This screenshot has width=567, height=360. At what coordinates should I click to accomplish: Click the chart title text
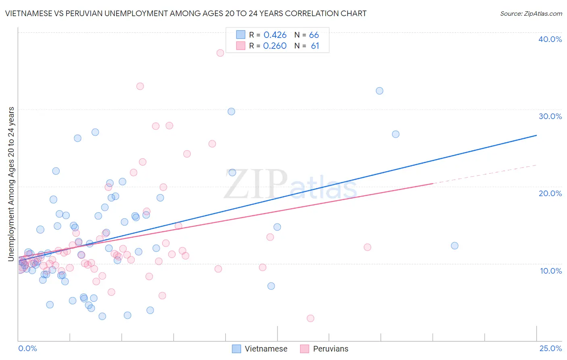pos(186,13)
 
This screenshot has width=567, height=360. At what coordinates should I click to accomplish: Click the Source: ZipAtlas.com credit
pos(531,13)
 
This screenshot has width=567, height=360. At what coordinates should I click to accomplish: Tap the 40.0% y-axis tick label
pos(550,39)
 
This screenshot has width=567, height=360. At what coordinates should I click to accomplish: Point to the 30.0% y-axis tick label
pos(550,116)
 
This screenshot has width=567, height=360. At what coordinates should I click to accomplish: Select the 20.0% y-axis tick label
pos(550,193)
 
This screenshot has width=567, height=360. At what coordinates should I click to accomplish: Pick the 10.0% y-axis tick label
pos(550,271)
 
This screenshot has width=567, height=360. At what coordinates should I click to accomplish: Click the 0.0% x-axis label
pos(27,348)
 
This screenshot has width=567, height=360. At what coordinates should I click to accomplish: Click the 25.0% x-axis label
pos(550,348)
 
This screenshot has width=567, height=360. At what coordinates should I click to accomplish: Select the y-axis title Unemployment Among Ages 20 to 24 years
pos(11,184)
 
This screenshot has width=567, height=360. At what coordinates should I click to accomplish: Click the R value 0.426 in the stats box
pos(275,35)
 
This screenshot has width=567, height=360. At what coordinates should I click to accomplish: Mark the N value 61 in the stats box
pos(315,46)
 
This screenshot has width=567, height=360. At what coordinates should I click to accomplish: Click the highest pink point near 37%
pos(220,53)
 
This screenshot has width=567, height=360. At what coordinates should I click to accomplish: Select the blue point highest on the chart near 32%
pos(379,91)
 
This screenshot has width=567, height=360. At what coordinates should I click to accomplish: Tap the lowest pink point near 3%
pos(310,318)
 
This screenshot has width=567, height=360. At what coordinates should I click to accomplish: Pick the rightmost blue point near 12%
pos(454,246)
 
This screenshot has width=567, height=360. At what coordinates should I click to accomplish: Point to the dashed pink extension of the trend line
pos(484,174)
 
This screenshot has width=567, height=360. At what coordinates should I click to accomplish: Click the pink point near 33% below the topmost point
pos(140,86)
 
